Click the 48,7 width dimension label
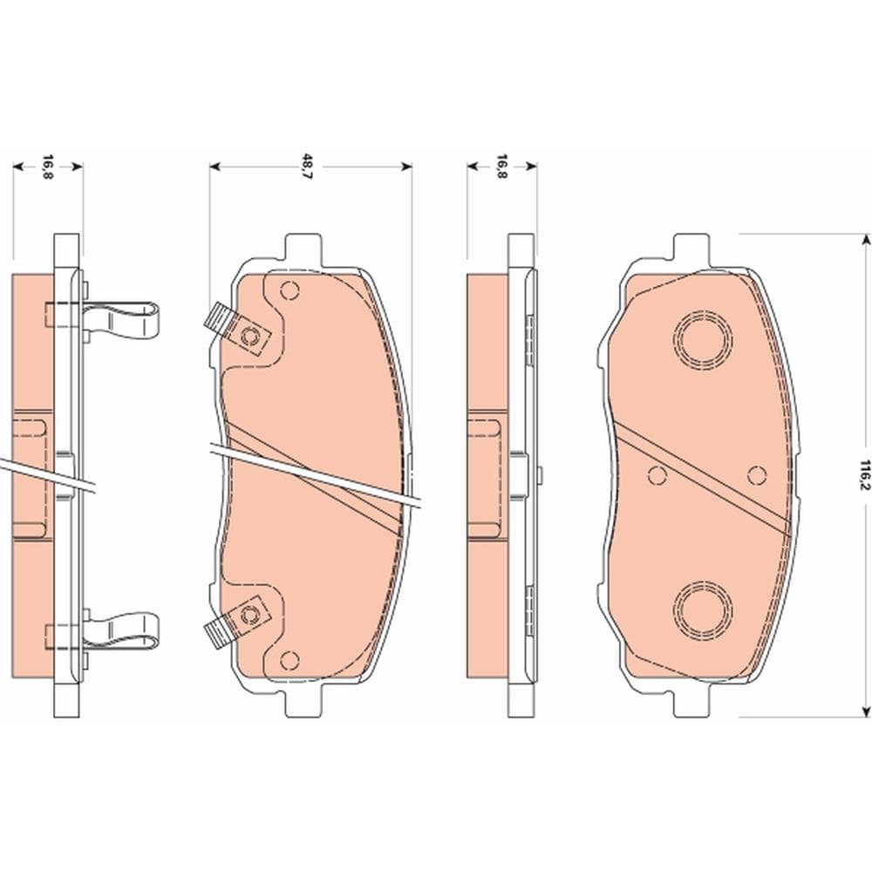(307, 164)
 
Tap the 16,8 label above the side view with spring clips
(48, 164)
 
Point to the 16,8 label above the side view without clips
(501, 164)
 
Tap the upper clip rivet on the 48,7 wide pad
(252, 336)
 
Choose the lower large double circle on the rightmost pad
(703, 607)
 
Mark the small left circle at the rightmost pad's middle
(658, 475)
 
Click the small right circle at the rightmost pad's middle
(757, 474)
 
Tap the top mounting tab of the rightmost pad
(691, 248)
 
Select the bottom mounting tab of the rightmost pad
(691, 703)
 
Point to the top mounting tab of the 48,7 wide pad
(304, 248)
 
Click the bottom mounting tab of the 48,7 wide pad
(304, 703)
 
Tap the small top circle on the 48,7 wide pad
(290, 290)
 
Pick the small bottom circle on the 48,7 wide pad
(290, 660)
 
